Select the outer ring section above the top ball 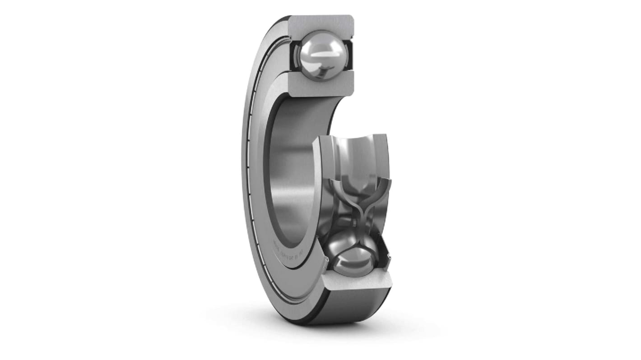point(320,23)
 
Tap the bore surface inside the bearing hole point(293,171)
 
